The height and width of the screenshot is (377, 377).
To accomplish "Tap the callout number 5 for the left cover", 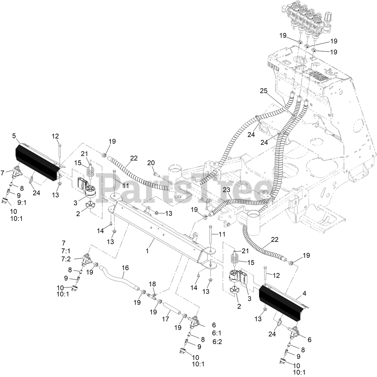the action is click(14, 135).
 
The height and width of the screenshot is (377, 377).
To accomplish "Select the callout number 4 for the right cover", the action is click(304, 294).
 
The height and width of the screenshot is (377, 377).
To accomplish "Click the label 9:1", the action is click(22, 202).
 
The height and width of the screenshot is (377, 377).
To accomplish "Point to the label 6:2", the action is click(217, 341).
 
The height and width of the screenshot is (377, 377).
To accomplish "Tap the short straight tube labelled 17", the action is click(172, 308).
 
